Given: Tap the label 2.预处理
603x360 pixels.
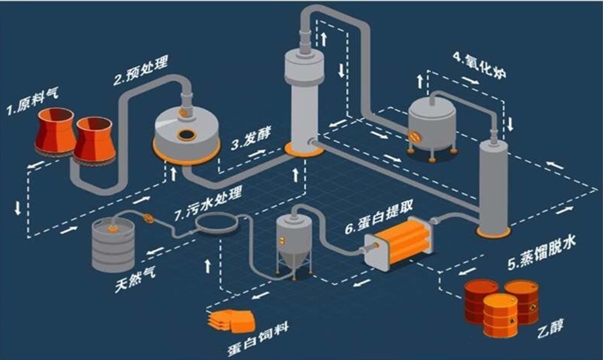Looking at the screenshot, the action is (141, 70).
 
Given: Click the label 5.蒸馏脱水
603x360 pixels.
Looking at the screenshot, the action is (542, 252).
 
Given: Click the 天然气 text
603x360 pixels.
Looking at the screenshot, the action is (135, 279).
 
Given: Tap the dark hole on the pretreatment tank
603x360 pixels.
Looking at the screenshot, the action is (186, 134).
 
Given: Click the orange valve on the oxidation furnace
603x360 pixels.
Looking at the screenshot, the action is (415, 138).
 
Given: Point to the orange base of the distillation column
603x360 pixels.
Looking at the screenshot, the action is (493, 232).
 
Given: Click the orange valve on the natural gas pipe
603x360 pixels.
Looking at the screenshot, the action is (148, 219).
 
